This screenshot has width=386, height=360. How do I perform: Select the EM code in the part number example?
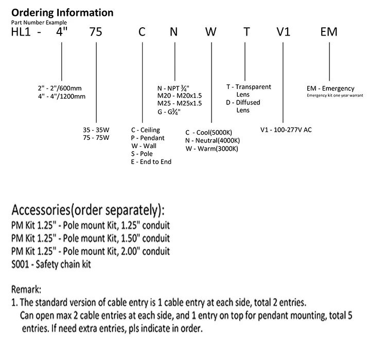click(x=328, y=32)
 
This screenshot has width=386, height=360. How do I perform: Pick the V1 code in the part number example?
click(x=284, y=32)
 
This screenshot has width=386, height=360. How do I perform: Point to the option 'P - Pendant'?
click(x=148, y=138)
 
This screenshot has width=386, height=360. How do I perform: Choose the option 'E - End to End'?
click(x=151, y=161)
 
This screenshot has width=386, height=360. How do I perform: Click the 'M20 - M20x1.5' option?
click(x=180, y=95)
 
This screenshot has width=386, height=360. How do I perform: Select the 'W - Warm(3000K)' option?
click(x=212, y=149)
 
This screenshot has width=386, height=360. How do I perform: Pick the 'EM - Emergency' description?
click(x=330, y=88)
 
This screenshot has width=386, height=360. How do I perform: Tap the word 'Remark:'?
click(x=26, y=290)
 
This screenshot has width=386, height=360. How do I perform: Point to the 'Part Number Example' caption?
click(x=38, y=22)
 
